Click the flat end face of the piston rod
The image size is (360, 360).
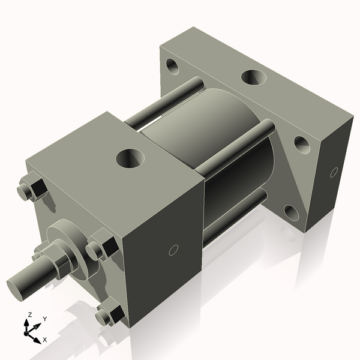[16, 284]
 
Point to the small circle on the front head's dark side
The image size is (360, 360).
[173, 250]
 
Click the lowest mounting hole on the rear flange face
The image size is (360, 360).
[291, 212]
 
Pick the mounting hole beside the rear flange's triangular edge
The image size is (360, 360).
[302, 145]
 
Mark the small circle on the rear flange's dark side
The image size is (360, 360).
[334, 173]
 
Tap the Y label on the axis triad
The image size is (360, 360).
[44, 319]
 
